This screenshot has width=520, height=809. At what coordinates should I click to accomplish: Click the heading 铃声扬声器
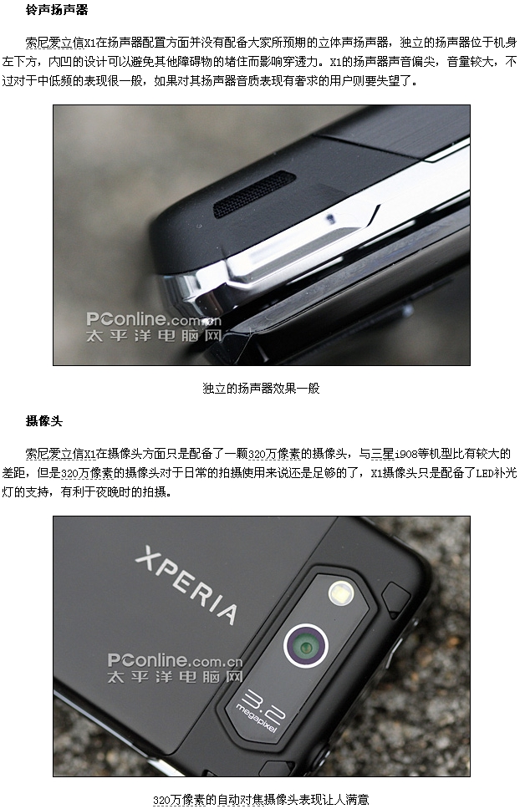(57, 10)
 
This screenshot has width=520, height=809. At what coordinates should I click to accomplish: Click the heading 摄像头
(43, 421)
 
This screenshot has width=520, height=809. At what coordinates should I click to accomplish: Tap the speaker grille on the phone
(254, 194)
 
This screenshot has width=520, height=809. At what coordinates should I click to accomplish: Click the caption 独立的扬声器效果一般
(261, 388)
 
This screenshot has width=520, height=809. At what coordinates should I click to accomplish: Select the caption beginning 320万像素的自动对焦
(261, 800)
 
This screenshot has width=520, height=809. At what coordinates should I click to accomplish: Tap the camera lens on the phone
(306, 645)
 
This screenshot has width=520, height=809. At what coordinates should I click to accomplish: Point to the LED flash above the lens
(341, 593)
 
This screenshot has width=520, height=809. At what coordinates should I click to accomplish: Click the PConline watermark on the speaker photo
(154, 327)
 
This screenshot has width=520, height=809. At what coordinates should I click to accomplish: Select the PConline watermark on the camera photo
(175, 668)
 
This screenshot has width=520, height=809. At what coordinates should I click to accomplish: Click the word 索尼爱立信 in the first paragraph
(54, 43)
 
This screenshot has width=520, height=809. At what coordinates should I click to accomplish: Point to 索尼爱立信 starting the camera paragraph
(54, 454)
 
